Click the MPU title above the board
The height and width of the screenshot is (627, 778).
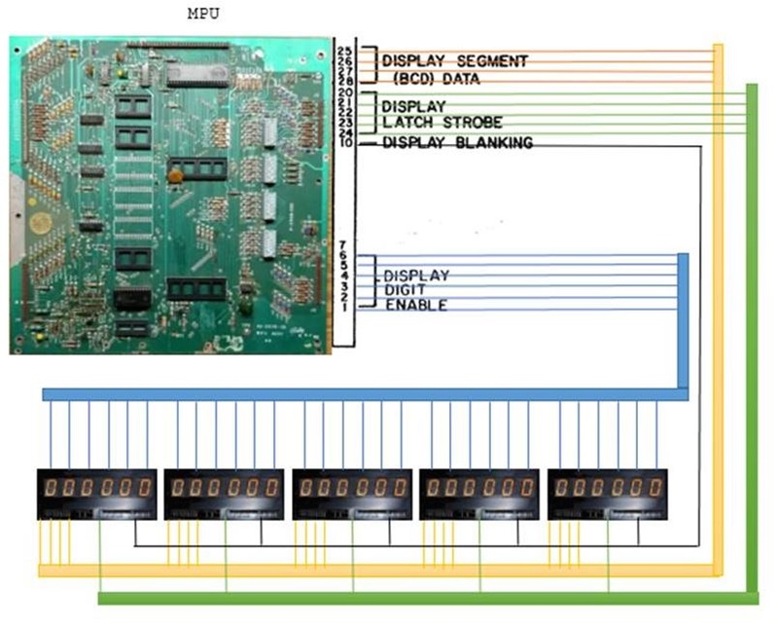pos(202,16)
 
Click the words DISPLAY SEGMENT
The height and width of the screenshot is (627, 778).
pos(454,61)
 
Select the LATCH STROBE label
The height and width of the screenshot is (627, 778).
pos(442,122)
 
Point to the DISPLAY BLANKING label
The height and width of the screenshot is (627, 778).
pos(457,143)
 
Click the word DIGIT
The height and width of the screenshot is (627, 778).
pos(406,290)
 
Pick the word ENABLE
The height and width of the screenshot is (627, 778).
pos(416,306)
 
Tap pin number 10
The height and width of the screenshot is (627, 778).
pos(345,143)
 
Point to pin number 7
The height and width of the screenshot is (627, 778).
pos(344,244)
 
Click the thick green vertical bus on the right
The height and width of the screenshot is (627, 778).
pos(751,341)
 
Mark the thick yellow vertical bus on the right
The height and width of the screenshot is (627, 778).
pos(719,312)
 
